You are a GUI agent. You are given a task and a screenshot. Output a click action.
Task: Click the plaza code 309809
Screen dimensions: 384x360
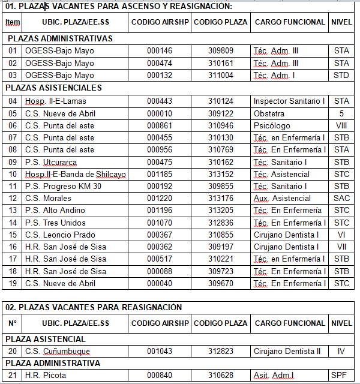pos(220,50)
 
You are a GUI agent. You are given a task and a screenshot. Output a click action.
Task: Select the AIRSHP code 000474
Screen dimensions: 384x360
pos(159,63)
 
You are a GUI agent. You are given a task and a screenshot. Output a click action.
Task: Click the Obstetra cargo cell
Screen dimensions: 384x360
pos(269,113)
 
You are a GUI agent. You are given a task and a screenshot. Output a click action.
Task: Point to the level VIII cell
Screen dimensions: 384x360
pos(341,125)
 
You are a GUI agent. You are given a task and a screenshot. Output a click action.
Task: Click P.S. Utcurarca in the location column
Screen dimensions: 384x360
pos(51,162)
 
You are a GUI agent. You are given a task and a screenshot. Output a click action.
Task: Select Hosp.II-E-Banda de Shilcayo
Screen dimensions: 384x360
pos(75,174)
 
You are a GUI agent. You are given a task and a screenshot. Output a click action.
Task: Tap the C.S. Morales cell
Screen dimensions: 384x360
pos(48,198)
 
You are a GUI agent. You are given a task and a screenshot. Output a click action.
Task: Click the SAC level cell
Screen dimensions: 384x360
pos(341,198)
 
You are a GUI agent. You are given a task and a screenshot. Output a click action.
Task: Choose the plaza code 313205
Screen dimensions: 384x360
pos(220,210)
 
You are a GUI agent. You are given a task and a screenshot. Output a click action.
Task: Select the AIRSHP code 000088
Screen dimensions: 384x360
pos(159,271)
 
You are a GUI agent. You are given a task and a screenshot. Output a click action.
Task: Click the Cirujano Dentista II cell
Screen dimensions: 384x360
pos(287,351)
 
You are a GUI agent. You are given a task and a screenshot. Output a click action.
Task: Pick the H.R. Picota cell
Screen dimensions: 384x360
pos(46,376)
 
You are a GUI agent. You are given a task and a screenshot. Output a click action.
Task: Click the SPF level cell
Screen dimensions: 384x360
pos(341,376)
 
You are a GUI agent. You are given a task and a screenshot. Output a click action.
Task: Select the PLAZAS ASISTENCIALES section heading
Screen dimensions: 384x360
pos(54,88)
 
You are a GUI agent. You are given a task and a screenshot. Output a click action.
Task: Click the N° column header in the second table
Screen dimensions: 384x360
pos(13,323)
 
